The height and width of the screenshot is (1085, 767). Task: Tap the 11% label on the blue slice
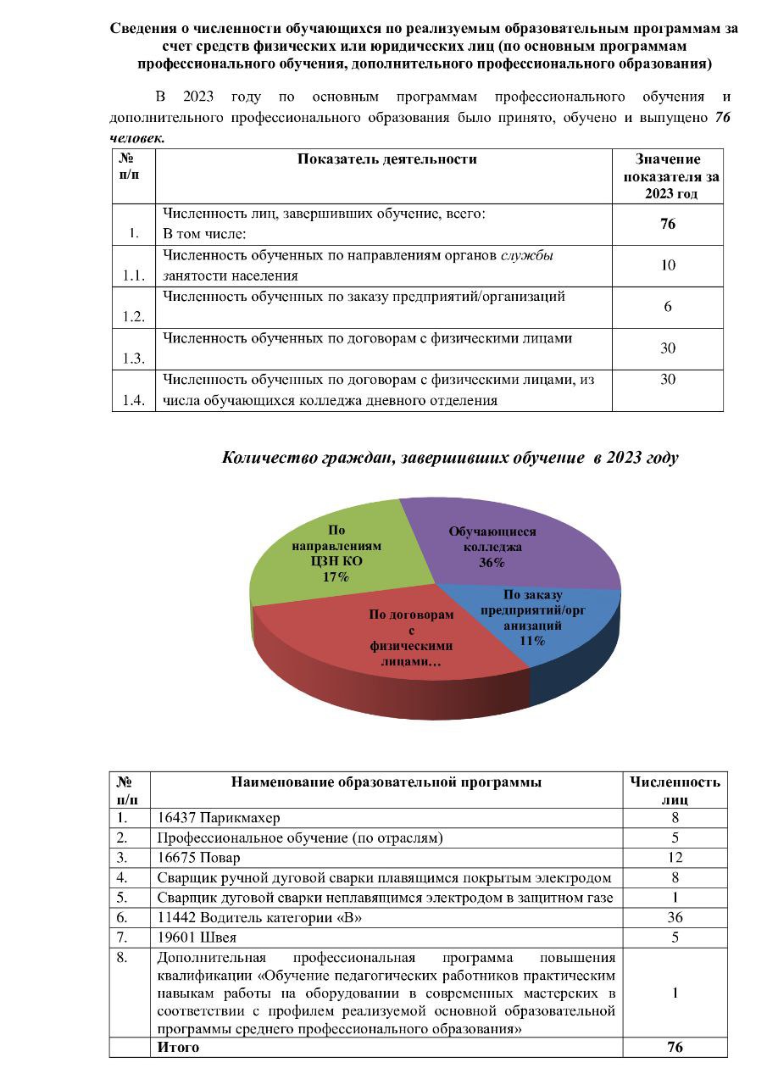532,641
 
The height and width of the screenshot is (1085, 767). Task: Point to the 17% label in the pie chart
336,577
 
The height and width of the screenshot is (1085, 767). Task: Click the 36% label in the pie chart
492,563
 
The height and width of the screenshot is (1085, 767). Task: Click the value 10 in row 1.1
668,265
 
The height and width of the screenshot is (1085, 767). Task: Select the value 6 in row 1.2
668,307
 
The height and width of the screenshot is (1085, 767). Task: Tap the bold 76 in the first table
668,225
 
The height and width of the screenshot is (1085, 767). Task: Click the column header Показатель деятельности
386,159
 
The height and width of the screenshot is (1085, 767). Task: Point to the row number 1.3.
133,359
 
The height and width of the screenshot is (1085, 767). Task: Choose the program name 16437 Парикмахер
219,818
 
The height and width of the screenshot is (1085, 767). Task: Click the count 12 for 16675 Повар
675,857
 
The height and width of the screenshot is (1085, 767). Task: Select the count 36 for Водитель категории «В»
675,917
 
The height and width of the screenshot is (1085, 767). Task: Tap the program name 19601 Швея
197,938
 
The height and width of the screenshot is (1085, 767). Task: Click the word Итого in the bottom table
178,1047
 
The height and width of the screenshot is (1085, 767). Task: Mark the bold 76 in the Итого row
675,1047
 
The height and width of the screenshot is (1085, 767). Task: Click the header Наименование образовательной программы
386,782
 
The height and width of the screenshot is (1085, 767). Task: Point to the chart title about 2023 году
450,458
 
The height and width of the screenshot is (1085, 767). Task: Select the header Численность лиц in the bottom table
675,790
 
